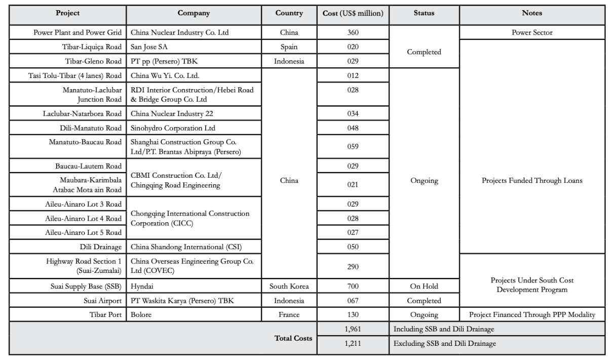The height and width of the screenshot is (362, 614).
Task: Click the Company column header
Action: (x=194, y=13)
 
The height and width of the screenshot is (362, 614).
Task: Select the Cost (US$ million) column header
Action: (x=353, y=13)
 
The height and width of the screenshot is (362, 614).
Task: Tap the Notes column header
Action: (x=532, y=13)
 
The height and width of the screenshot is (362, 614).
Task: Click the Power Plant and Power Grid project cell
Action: (x=78, y=33)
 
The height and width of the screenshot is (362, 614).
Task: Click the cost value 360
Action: (x=353, y=33)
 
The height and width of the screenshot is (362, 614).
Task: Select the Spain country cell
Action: (x=289, y=47)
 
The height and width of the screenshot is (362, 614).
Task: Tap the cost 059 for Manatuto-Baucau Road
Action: (x=353, y=147)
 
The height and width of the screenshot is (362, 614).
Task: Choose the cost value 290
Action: (x=353, y=266)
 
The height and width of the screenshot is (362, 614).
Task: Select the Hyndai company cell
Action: (x=142, y=287)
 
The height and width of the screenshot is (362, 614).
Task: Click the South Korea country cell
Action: (x=289, y=287)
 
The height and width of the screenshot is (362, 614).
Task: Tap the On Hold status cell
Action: (x=425, y=287)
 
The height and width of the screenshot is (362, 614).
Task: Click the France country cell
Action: (x=289, y=315)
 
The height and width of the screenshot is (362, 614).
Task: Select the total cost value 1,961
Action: (x=353, y=330)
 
